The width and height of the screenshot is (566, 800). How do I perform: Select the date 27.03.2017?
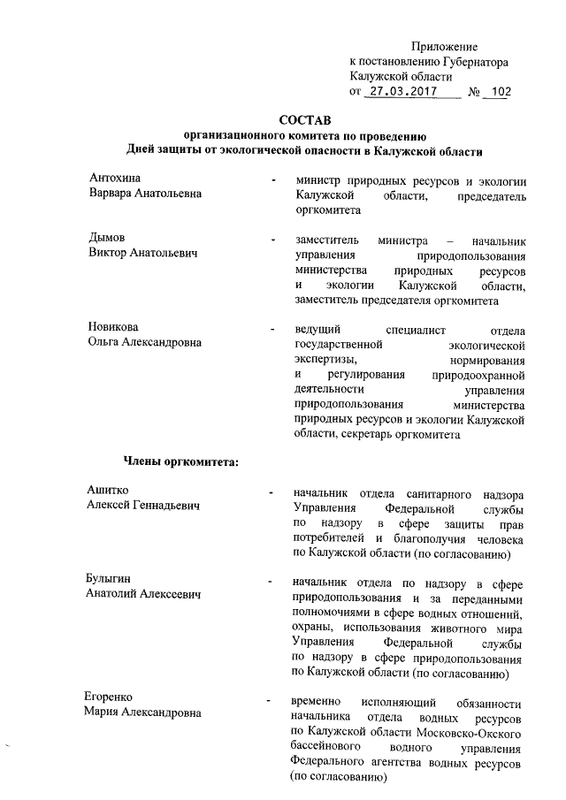403,91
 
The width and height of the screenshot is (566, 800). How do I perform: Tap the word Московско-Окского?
472,733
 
